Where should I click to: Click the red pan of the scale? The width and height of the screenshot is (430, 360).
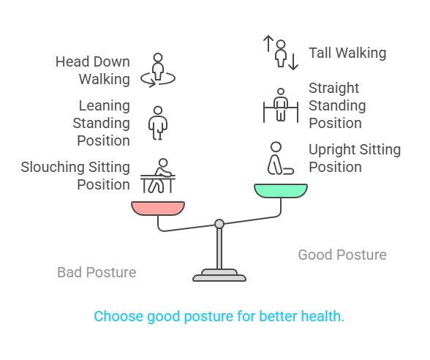158,209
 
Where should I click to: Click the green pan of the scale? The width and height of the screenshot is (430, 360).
281,191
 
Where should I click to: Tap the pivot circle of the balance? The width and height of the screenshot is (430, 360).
219,224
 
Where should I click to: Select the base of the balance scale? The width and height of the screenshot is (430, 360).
219,276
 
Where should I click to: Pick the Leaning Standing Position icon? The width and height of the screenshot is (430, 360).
156,122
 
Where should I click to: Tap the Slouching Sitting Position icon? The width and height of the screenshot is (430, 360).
158,176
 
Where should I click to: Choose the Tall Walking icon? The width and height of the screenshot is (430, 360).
282,53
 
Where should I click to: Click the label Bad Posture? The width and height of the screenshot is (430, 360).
97,272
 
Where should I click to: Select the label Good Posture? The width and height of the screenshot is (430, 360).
342,255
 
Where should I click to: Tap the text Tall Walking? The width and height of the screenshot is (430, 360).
347,53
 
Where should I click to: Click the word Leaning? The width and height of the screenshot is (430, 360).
104,105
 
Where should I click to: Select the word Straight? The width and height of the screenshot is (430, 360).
333,88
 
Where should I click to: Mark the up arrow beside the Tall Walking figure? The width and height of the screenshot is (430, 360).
268,43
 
